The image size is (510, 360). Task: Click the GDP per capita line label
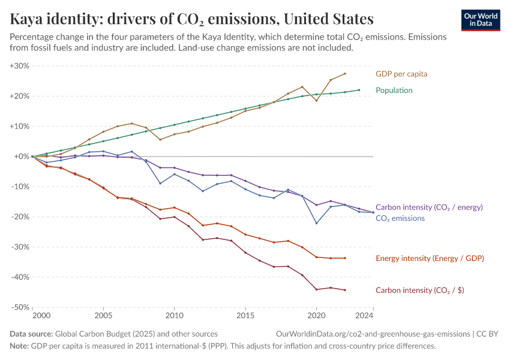click(401, 74)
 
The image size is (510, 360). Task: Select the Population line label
click(394, 91)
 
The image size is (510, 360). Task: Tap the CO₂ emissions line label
click(400, 218)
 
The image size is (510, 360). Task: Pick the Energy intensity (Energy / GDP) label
click(430, 259)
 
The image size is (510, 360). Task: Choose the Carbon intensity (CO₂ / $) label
click(420, 290)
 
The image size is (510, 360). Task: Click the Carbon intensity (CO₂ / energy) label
click(429, 207)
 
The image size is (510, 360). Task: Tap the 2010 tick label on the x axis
click(174, 315)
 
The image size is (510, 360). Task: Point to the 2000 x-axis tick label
click(41, 315)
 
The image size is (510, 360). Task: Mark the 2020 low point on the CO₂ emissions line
click(316, 223)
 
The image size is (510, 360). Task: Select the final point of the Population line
click(359, 90)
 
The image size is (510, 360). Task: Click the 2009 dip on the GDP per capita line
click(160, 140)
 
